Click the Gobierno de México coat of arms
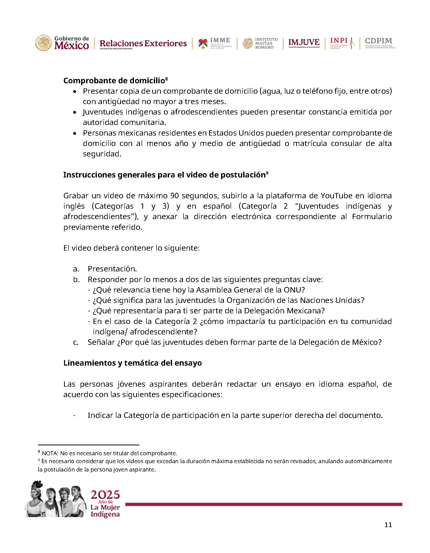pos(43,43)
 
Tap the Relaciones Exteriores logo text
pos(143,44)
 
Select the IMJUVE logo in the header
pos(304,43)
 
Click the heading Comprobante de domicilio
pos(114,80)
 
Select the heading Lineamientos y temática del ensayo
pos(132,363)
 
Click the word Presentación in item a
pos(112,269)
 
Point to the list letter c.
pos(75,342)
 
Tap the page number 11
pos(388,525)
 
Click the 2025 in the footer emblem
pos(105,495)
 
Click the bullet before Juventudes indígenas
pos(74,112)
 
